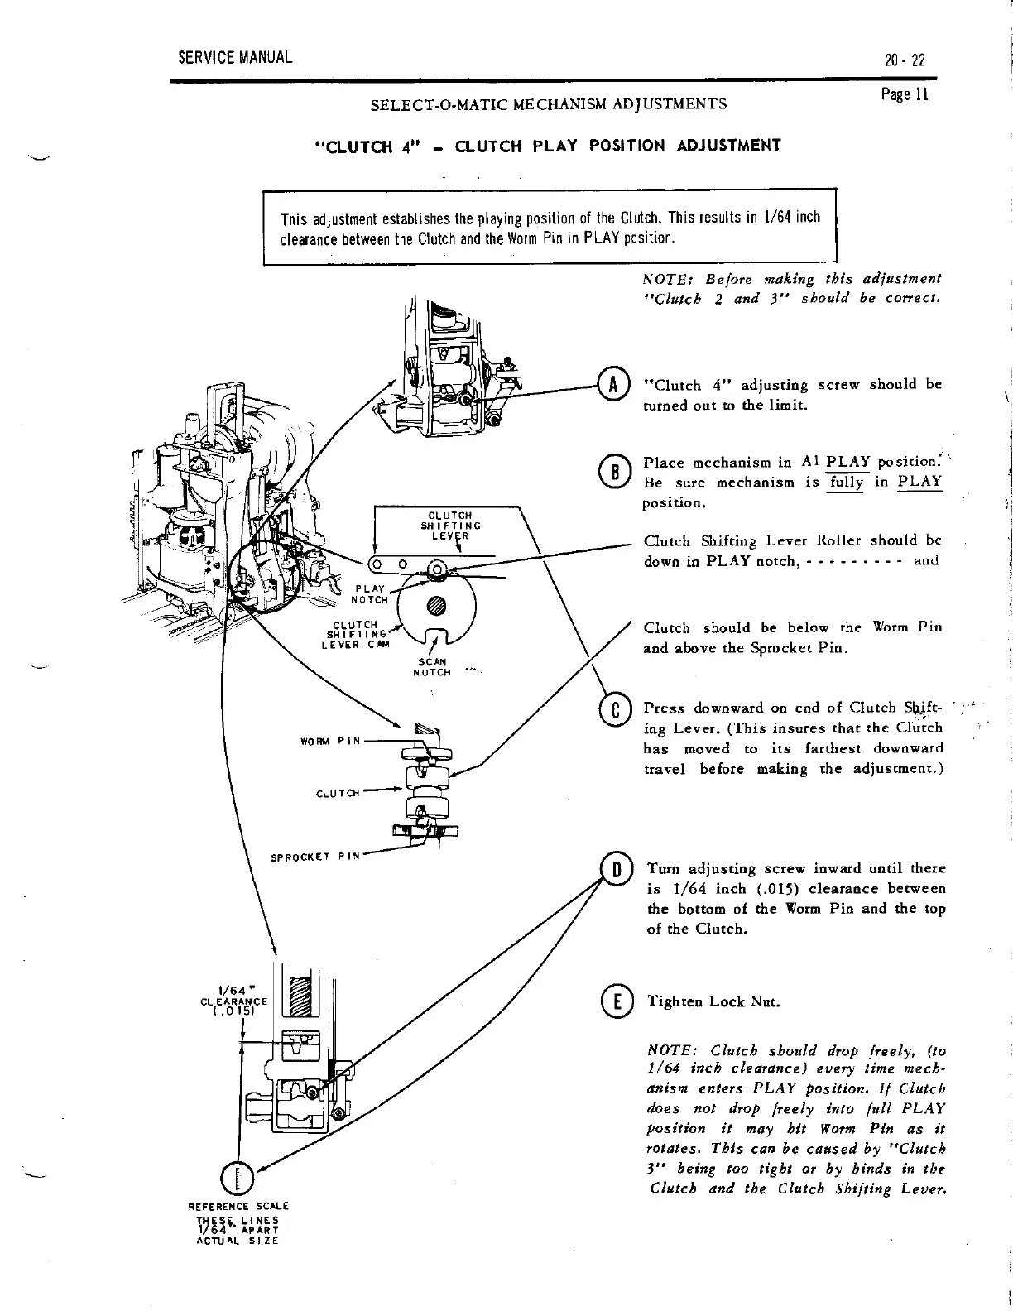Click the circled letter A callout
612,387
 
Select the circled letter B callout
612,473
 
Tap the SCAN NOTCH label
430,666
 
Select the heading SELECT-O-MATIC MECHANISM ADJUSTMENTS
549,105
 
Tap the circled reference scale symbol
238,1179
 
